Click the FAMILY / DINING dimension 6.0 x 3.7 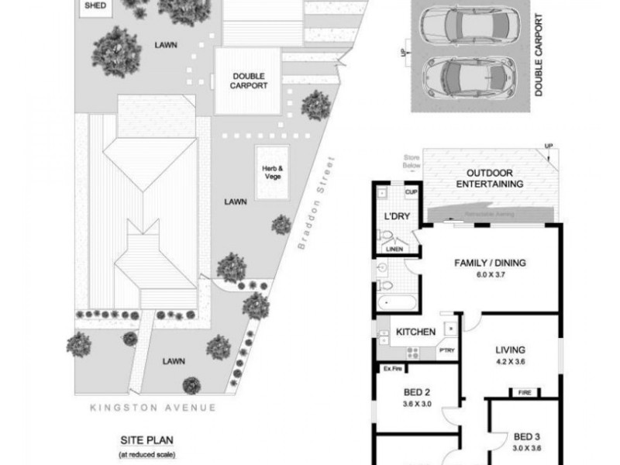click(x=489, y=275)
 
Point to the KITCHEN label click(x=415, y=332)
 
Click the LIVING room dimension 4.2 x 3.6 click(x=511, y=360)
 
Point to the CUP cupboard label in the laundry click(x=412, y=192)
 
